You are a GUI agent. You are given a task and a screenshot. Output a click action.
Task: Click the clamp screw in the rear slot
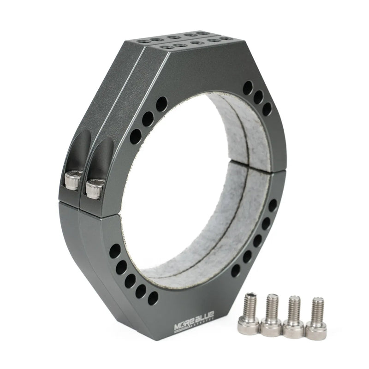click(73, 180)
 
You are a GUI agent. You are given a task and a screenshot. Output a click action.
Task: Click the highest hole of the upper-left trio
click(161, 104)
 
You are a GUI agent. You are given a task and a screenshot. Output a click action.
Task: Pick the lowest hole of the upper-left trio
click(135, 136)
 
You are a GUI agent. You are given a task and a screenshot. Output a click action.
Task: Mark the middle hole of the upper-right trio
click(258, 97)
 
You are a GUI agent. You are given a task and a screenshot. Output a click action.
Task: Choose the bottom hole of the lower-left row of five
click(153, 298)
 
